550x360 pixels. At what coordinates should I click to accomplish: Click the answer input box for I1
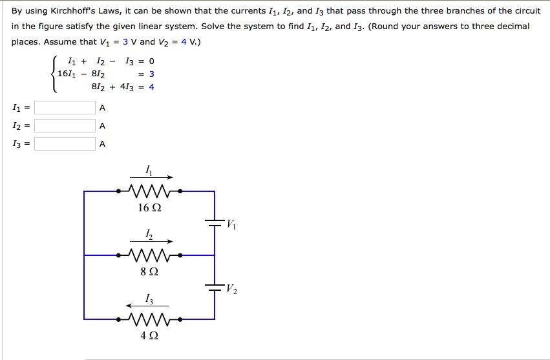[x=65, y=107]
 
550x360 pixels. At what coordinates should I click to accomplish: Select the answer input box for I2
[x=65, y=125]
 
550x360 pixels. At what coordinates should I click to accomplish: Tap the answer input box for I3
[x=65, y=143]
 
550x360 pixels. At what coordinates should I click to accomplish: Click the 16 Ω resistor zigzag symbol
[x=149, y=191]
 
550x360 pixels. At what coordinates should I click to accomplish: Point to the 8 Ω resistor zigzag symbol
[x=149, y=255]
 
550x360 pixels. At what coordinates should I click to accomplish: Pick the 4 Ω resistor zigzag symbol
[x=149, y=319]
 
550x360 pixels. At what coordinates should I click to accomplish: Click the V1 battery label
[x=231, y=225]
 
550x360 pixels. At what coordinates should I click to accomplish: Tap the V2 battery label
[x=231, y=289]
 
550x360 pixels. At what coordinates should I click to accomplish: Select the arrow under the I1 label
[x=151, y=177]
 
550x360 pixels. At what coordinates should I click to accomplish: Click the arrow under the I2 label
[x=151, y=241]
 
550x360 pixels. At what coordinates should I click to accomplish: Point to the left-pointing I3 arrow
[x=147, y=305]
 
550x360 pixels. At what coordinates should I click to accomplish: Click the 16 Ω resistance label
[x=149, y=208]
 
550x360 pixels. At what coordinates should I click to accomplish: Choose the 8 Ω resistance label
[x=149, y=272]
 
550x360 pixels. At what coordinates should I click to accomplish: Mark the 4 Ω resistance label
[x=149, y=336]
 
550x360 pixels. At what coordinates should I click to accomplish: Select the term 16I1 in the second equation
[x=67, y=74]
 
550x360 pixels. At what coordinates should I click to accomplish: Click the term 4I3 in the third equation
[x=126, y=87]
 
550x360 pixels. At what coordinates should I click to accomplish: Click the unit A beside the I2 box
[x=102, y=125]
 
